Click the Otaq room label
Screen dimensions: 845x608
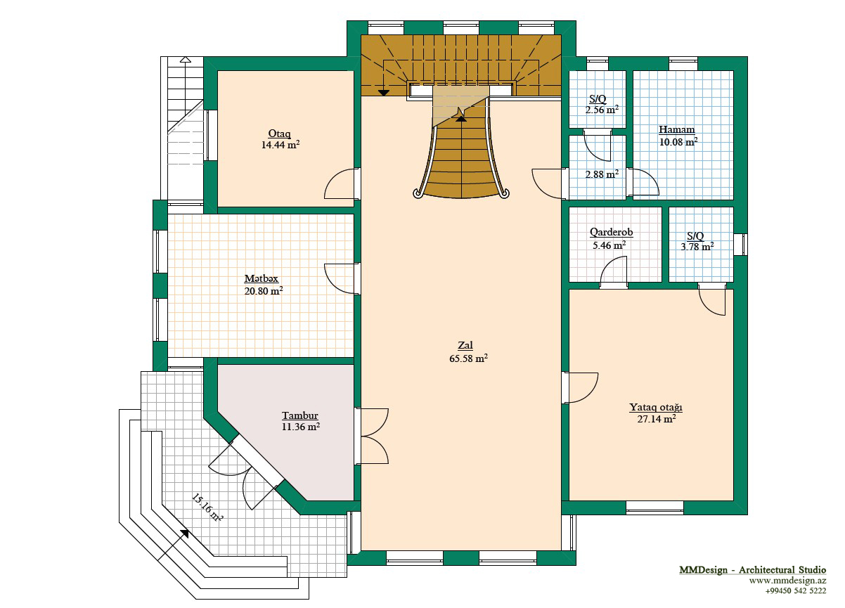pos(279,133)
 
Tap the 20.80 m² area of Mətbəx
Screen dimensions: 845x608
pos(264,291)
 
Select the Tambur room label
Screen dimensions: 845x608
pos(300,415)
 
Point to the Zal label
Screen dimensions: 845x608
pos(465,345)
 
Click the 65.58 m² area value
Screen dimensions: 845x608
pos(468,358)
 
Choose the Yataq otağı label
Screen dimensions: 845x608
pos(656,408)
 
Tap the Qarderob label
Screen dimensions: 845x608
pos(611,232)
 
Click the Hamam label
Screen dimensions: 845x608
pos(677,129)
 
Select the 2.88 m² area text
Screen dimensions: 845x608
pos(602,174)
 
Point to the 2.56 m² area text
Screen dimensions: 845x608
pos(602,110)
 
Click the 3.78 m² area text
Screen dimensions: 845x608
pos(697,247)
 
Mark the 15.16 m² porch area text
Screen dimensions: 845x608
pos(207,507)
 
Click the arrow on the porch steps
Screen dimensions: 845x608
pos(174,545)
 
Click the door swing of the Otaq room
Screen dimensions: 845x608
pos(340,183)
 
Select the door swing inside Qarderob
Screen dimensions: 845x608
pos(614,269)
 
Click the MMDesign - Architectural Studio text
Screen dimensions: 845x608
pos(753,570)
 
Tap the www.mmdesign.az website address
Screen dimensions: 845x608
pos(787,581)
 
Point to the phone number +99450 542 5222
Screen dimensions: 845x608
pos(796,591)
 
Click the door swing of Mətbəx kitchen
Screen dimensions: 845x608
pos(340,279)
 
